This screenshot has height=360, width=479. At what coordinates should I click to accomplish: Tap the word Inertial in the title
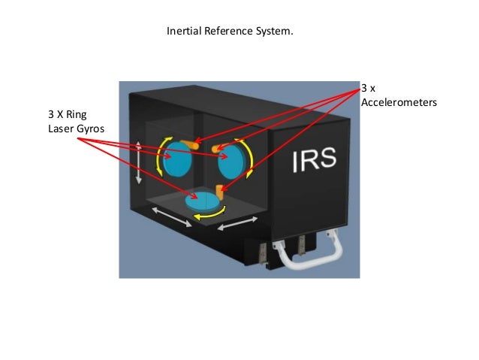182,33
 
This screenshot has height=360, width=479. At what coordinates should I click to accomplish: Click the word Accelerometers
399,101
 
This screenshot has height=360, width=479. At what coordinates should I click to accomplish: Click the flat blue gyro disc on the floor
205,201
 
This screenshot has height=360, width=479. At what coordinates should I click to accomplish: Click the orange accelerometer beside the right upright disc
221,147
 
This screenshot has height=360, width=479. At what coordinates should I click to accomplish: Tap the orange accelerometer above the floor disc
220,190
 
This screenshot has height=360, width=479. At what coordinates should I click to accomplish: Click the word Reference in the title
224,33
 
